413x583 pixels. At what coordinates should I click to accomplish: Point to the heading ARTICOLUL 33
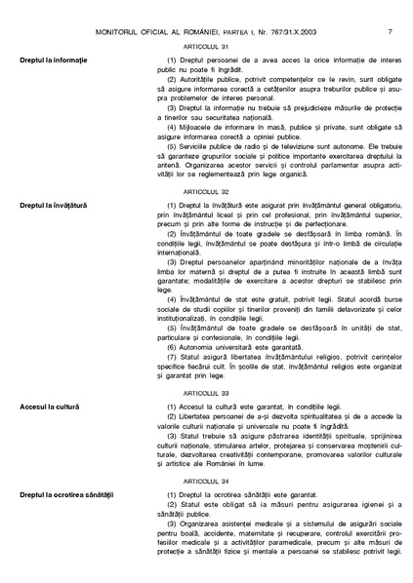(x=205, y=392)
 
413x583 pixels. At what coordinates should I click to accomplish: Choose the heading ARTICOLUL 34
(x=205, y=482)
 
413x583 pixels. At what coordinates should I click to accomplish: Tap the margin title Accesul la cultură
(x=42, y=406)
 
